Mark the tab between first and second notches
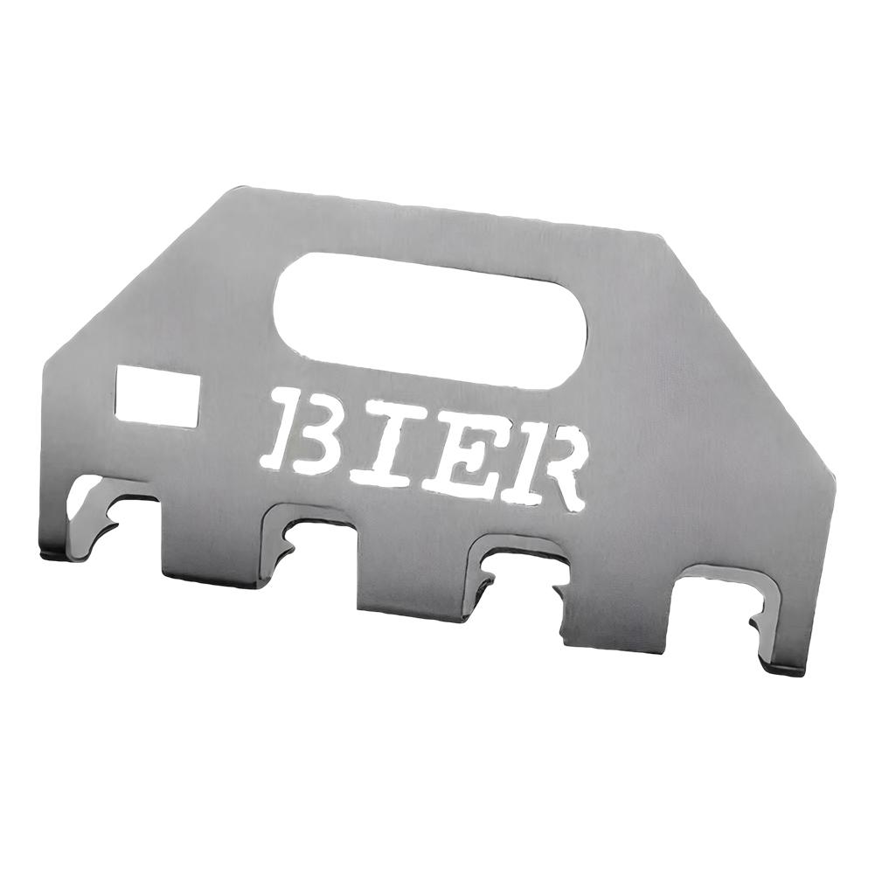(211, 546)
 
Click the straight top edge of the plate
(437, 210)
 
